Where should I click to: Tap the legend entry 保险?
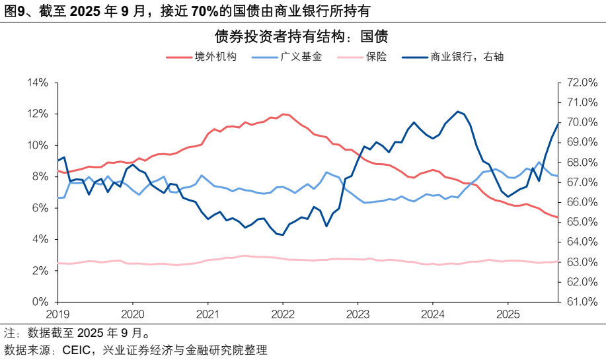(x=375, y=57)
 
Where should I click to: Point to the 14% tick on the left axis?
(x=38, y=83)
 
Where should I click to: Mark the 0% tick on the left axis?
(x=40, y=302)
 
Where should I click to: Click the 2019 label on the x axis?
(x=58, y=314)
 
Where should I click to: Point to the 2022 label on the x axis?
(x=283, y=314)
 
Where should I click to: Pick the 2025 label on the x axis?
(x=507, y=314)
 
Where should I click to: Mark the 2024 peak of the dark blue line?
(x=457, y=111)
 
